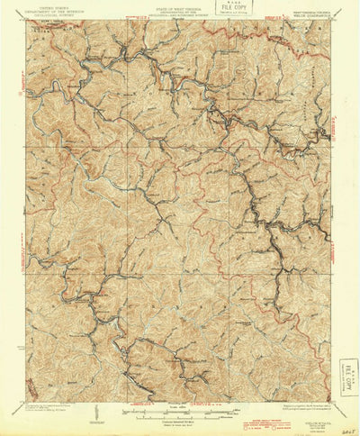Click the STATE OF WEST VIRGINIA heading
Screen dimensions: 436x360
(x=179, y=10)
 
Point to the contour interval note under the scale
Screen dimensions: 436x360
(x=180, y=424)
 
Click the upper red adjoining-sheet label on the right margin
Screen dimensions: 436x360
(x=338, y=131)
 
